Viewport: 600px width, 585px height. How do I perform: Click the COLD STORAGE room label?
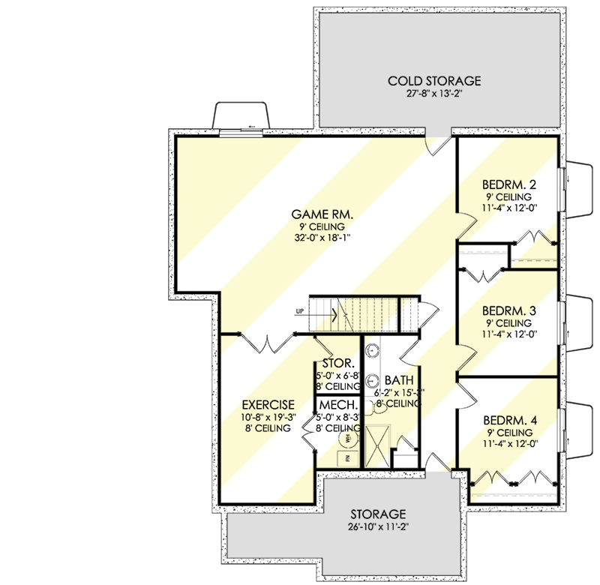433,81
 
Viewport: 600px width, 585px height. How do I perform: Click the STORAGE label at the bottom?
379,514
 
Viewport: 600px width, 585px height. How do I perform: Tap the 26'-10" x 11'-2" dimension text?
379,527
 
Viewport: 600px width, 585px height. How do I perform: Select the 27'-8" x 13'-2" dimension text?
433,94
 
